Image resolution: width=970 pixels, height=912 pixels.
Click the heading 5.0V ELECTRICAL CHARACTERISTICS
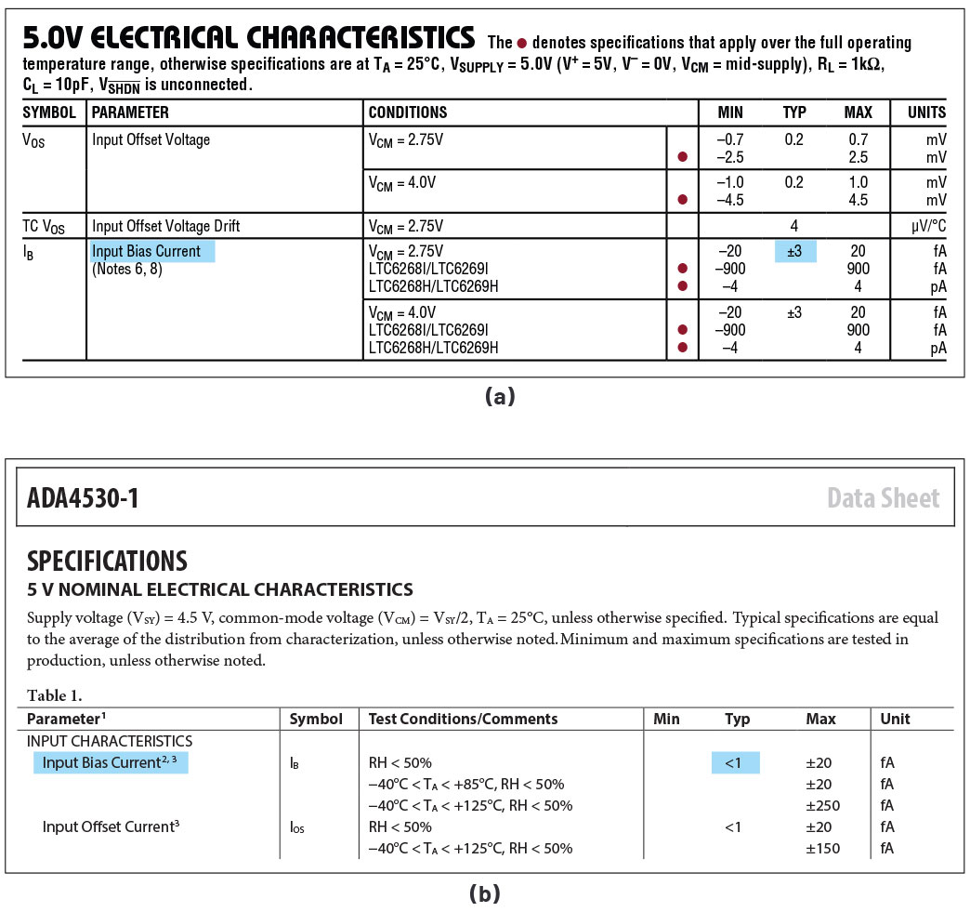coord(248,38)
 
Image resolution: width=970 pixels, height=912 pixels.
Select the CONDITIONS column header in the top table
coord(408,112)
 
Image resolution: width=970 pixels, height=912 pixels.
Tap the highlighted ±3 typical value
coord(794,251)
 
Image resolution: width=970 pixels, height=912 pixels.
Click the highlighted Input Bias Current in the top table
coord(147,251)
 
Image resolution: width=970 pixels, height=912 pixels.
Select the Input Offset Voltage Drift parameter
coord(166,226)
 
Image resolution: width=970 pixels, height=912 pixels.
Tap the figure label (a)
coord(499,397)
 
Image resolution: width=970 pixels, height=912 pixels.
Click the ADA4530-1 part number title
coord(84,498)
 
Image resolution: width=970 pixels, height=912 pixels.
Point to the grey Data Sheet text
coord(883,498)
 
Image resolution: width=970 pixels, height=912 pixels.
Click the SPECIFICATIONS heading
coord(107,561)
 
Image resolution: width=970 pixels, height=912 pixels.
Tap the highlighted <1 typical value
coord(735,762)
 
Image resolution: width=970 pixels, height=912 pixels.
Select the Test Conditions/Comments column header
coord(463,719)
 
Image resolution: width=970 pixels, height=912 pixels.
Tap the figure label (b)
coord(485,894)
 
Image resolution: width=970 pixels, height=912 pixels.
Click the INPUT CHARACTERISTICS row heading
coord(110,741)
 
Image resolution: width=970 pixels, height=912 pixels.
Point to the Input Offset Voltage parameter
coord(151,139)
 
